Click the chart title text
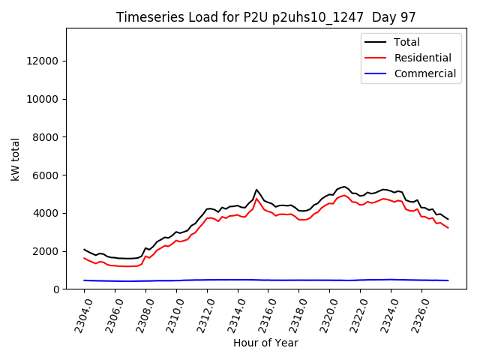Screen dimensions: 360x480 (x=266, y=17)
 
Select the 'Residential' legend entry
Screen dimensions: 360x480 (x=422, y=58)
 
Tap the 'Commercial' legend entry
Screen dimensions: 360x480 (x=424, y=73)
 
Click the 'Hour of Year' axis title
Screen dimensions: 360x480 (x=266, y=343)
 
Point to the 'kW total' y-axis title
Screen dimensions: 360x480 (x=14, y=159)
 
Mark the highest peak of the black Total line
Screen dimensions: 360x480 (x=256, y=190)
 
